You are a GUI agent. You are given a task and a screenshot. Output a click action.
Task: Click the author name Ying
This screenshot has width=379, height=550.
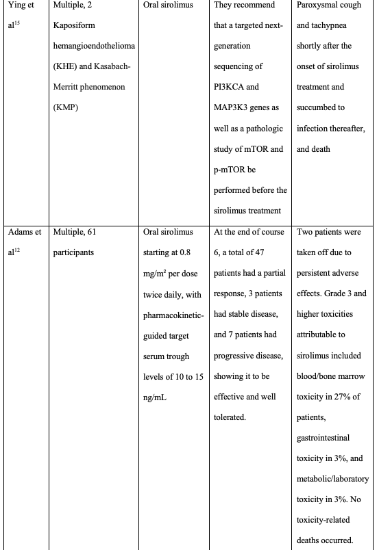click(x=16, y=5)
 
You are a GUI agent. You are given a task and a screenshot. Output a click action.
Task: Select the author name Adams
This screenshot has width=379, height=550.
click(x=21, y=232)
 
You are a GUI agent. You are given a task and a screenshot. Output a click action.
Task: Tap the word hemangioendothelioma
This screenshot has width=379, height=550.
click(x=92, y=47)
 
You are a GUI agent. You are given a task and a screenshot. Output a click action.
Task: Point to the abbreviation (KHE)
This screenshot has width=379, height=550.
click(x=66, y=67)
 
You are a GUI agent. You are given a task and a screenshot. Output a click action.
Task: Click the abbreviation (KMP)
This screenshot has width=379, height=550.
click(x=67, y=108)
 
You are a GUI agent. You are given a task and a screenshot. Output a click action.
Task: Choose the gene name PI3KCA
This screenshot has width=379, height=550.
click(x=232, y=88)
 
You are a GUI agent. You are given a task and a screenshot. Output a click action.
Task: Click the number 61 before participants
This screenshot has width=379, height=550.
click(x=92, y=232)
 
